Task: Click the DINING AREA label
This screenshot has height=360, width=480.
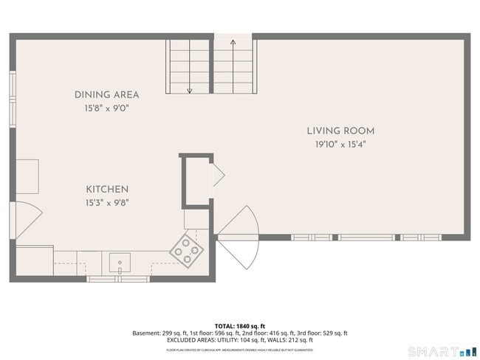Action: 106,94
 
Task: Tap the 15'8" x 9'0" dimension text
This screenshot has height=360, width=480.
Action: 106,108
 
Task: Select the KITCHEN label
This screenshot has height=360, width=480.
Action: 106,190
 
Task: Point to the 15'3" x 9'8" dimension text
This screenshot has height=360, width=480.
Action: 106,203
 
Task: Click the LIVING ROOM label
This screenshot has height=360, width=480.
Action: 340,131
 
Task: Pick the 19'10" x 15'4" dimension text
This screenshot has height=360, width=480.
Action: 340,145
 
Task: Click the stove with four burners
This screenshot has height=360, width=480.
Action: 188,249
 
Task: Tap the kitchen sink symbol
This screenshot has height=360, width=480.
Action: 119,262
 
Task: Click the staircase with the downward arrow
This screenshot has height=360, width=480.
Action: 189,66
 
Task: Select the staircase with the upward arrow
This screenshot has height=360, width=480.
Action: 234,66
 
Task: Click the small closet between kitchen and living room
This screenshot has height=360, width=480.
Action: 197,179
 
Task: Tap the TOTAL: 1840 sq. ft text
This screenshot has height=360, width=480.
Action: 239,325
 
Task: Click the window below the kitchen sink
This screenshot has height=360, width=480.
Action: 118,279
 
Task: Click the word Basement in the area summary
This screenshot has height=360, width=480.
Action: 145,333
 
